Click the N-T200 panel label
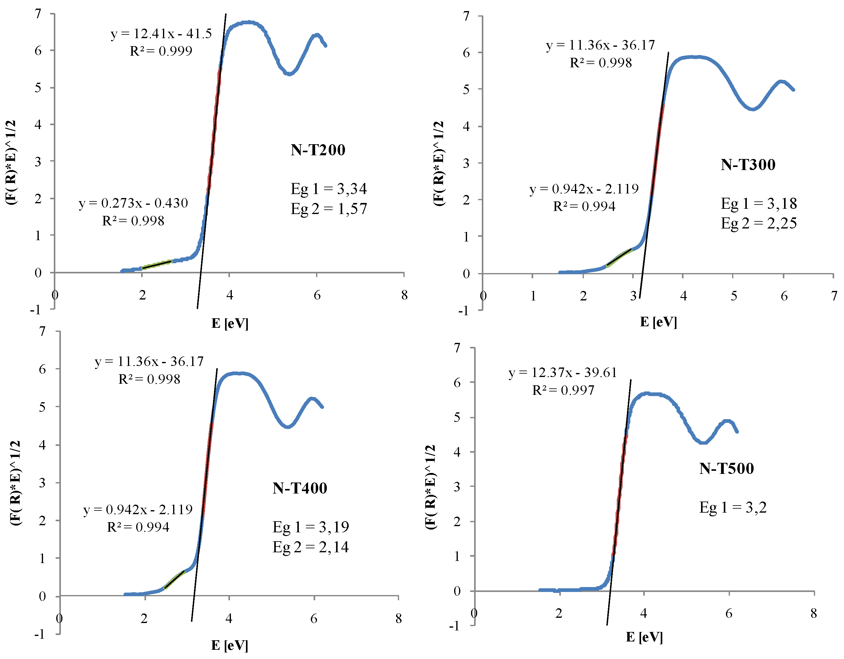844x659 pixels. coord(318,150)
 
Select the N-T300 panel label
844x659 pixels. coord(748,165)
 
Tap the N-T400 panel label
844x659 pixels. coord(299,488)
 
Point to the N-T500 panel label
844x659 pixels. coord(726,468)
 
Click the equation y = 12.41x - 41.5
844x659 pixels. coord(161,34)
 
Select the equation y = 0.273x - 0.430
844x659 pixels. coord(133,203)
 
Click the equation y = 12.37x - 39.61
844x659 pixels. coord(563,373)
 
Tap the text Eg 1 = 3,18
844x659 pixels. coord(759,203)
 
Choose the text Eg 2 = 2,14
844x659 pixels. coord(310,547)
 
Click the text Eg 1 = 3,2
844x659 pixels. coord(733,507)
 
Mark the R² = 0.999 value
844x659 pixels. coord(161,51)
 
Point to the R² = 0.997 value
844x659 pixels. coord(563,390)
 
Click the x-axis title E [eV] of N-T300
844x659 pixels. coord(658,322)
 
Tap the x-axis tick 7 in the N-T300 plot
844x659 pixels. coord(834,296)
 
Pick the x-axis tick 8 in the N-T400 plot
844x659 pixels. coord(398,619)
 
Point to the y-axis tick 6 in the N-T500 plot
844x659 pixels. coord(457,383)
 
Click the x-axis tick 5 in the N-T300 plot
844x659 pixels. coord(733,296)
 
